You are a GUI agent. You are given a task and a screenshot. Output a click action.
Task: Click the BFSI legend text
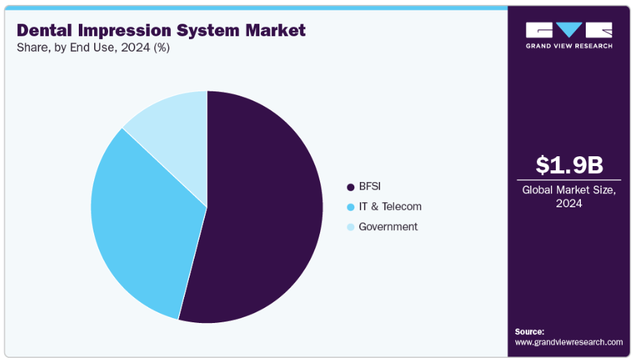370,186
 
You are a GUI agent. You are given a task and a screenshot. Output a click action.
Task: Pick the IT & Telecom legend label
390,207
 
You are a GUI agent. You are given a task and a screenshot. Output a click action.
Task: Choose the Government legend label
388,227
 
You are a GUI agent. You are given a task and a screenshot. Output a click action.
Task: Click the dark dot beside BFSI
351,187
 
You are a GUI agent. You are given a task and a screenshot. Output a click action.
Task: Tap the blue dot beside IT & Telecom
351,207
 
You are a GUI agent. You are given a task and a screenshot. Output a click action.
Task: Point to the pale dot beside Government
351,227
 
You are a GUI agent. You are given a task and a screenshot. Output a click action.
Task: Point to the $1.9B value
569,165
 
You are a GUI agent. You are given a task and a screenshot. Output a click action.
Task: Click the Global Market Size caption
569,190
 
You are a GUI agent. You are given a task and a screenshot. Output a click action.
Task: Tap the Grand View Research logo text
569,46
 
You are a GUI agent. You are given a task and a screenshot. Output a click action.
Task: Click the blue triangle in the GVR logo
569,29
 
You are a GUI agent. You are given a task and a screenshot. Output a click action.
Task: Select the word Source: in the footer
529,331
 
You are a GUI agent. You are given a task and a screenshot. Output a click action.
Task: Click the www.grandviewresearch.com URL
568,342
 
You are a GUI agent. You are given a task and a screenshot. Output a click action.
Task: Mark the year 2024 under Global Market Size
569,204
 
